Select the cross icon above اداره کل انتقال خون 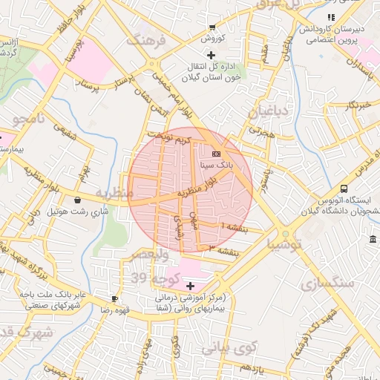click(212, 55)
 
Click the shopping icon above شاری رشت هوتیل click(78, 200)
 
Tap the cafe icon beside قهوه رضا click(115, 298)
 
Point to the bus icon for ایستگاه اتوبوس click(344, 189)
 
